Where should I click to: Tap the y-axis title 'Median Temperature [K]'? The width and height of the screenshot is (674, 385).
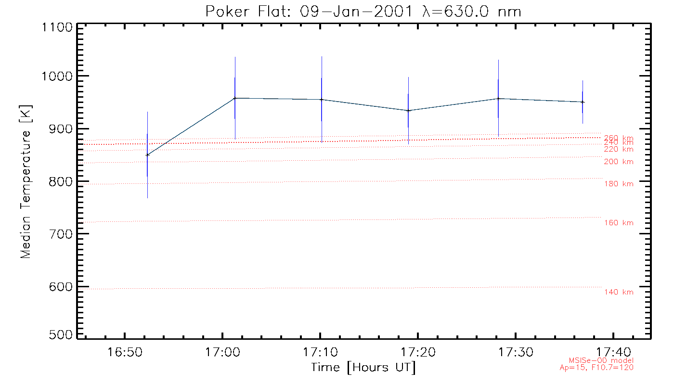pyautogui.click(x=26, y=181)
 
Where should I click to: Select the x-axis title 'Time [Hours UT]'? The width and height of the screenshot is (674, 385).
pyautogui.click(x=363, y=367)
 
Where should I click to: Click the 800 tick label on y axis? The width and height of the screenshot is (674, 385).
pyautogui.click(x=59, y=182)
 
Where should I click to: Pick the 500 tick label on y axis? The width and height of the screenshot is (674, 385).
pyautogui.click(x=59, y=335)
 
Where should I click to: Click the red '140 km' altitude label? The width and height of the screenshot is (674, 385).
pyautogui.click(x=619, y=292)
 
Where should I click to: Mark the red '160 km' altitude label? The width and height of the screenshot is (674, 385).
pyautogui.click(x=619, y=223)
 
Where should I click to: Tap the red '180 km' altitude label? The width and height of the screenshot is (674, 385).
pyautogui.click(x=619, y=184)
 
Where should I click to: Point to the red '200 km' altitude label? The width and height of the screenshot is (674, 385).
pyautogui.click(x=619, y=162)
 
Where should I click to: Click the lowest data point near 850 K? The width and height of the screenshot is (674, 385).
pyautogui.click(x=147, y=155)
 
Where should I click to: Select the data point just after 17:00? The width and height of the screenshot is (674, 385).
pyautogui.click(x=234, y=98)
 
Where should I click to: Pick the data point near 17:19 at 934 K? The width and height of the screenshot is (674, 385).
pyautogui.click(x=408, y=111)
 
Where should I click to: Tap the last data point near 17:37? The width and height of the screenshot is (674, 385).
pyautogui.click(x=583, y=102)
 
